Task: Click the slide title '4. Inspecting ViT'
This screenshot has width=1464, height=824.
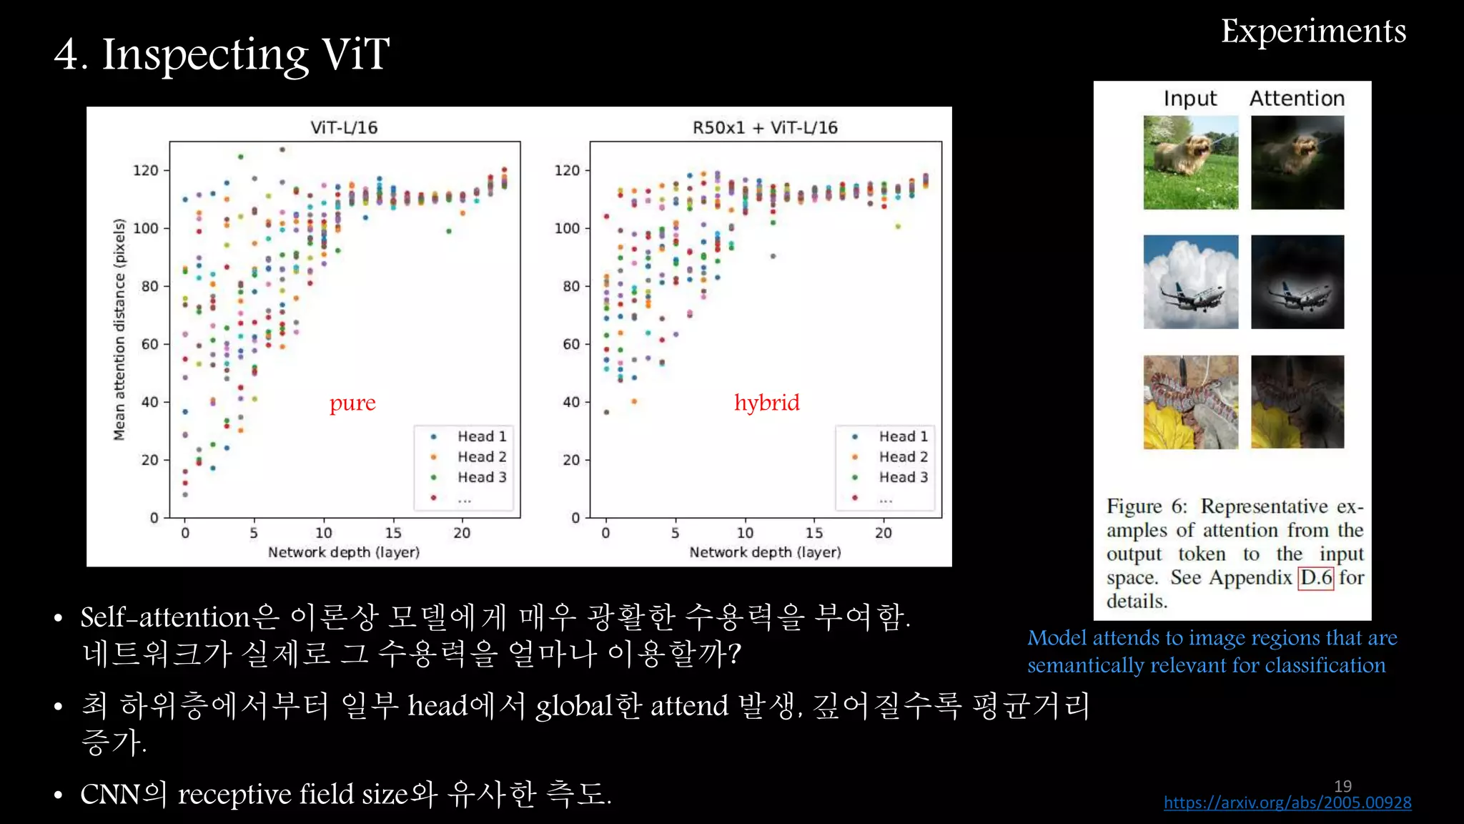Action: pos(222,54)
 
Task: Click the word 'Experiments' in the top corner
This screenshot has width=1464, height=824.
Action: pos(1312,31)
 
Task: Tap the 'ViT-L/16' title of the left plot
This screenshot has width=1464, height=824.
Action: pos(343,128)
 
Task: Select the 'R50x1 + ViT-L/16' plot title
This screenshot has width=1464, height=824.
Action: pos(764,128)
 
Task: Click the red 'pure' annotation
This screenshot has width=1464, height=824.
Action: pos(352,403)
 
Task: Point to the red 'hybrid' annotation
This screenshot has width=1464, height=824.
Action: pos(766,402)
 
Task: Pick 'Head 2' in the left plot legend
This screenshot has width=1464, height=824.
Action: pos(481,457)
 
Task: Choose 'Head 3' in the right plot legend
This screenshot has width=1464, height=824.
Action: pos(903,477)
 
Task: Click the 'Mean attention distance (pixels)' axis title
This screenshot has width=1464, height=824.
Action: pos(119,329)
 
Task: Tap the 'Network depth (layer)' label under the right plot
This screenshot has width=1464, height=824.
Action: pos(764,552)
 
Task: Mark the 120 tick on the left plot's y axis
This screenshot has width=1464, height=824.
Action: pos(146,170)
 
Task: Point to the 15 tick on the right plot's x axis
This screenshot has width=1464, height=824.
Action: pos(813,533)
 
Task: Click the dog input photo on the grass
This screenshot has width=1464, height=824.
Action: pos(1190,162)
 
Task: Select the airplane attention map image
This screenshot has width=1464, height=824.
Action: pos(1297,282)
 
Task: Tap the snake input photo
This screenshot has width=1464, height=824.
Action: pos(1190,402)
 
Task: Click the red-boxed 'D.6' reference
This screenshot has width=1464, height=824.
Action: pos(1316,577)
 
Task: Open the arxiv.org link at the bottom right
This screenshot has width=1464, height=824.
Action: pos(1287,803)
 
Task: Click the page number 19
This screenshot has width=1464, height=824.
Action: pos(1342,785)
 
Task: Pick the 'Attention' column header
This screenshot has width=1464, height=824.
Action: pos(1297,99)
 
